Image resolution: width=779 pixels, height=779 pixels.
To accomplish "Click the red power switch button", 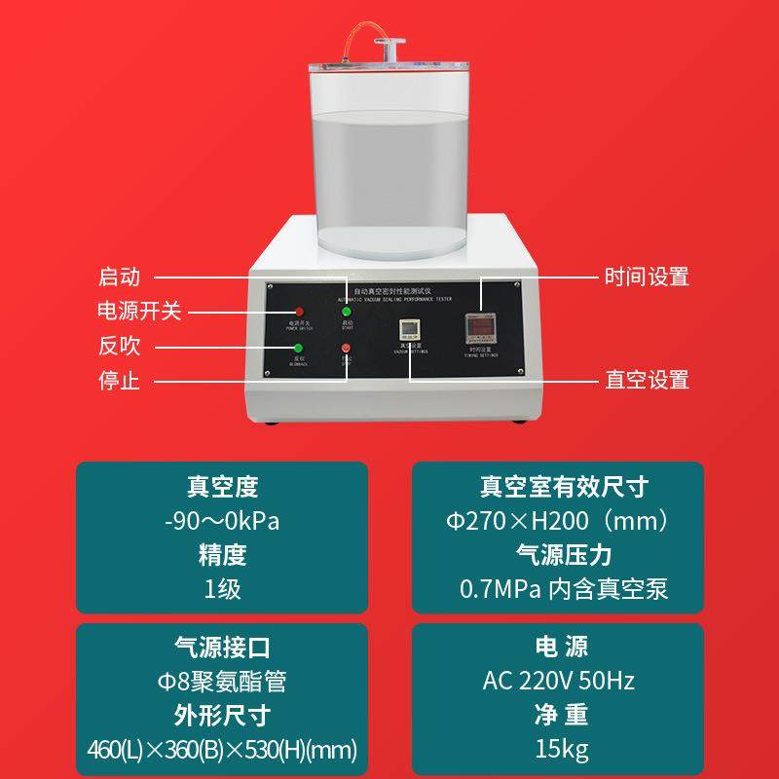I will tap(286, 311).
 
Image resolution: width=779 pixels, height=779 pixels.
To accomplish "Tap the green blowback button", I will tap(286, 349).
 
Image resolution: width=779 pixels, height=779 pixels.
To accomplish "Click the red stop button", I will tap(345, 349).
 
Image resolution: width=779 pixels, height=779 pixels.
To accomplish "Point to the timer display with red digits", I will tap(480, 326).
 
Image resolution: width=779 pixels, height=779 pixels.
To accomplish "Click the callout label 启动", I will tap(120, 277).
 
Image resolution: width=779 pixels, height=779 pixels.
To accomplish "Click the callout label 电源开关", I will tap(140, 311).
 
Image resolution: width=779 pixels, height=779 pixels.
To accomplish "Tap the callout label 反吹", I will tap(120, 346).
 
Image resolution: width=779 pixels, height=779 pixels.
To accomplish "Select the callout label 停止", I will tap(120, 380).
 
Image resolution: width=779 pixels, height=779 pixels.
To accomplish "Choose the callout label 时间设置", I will tap(647, 277).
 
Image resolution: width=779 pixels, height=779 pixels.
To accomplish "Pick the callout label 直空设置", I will tap(647, 380).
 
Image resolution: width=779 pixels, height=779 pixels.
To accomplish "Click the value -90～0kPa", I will tap(222, 521).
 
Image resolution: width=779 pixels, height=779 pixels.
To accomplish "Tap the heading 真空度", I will tap(222, 487).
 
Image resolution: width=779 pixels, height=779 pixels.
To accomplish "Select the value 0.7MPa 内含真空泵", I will tap(564, 589).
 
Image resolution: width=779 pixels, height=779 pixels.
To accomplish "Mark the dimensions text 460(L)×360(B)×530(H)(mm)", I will tap(222, 751).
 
